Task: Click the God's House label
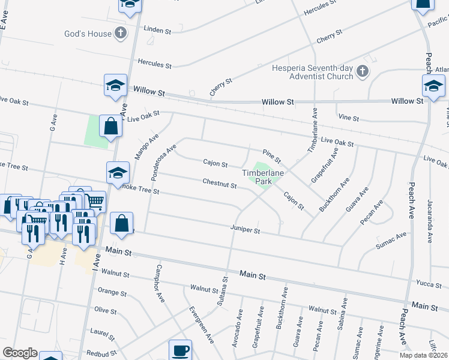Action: pos(88,34)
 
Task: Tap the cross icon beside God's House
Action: pos(120,33)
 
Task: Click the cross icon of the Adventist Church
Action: pos(362,72)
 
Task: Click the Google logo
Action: pos(20,352)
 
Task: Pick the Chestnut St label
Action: pos(219,183)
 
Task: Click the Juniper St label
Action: pos(246,229)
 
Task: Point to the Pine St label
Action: pos(272,157)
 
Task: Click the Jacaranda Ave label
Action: pos(430,221)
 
